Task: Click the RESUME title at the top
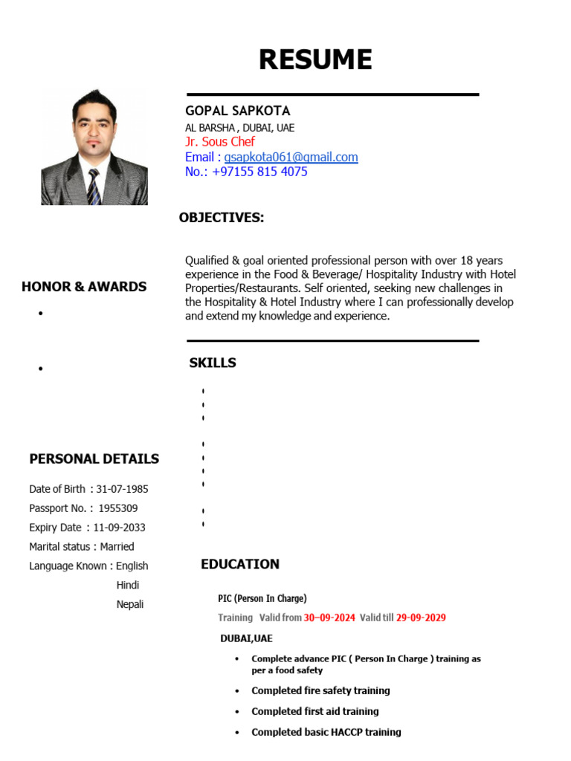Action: (x=315, y=59)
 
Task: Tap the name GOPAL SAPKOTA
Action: (x=237, y=111)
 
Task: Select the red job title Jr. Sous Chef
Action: (x=219, y=141)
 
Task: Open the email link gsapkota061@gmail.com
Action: (x=291, y=157)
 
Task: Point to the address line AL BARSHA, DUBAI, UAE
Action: (x=239, y=127)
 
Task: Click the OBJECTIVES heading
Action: (x=222, y=217)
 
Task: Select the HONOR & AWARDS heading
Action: (x=84, y=286)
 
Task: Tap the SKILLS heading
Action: (x=213, y=363)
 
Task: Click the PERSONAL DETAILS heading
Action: (x=94, y=459)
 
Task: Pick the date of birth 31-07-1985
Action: (x=122, y=489)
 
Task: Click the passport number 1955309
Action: (x=117, y=508)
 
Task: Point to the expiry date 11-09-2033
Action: (x=119, y=528)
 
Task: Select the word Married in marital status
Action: (x=117, y=547)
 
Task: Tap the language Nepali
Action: (x=130, y=604)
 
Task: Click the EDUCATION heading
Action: (x=240, y=564)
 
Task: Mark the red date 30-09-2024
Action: (x=329, y=618)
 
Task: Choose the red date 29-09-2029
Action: (x=421, y=618)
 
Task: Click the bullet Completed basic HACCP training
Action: (x=326, y=732)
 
